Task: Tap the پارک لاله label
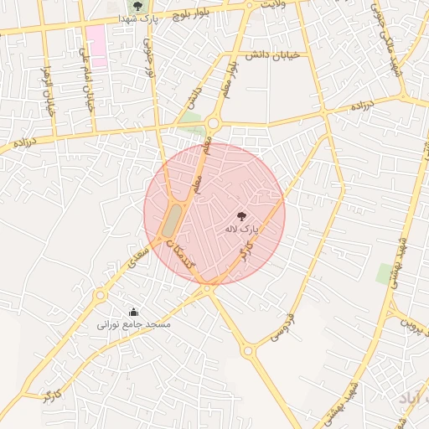point(242,228)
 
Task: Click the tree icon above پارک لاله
point(242,215)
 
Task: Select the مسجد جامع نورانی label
point(134,323)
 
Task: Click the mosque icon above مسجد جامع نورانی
point(134,312)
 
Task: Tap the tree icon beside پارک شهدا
point(137,6)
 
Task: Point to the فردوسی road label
point(282,328)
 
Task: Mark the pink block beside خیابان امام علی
point(96,45)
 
